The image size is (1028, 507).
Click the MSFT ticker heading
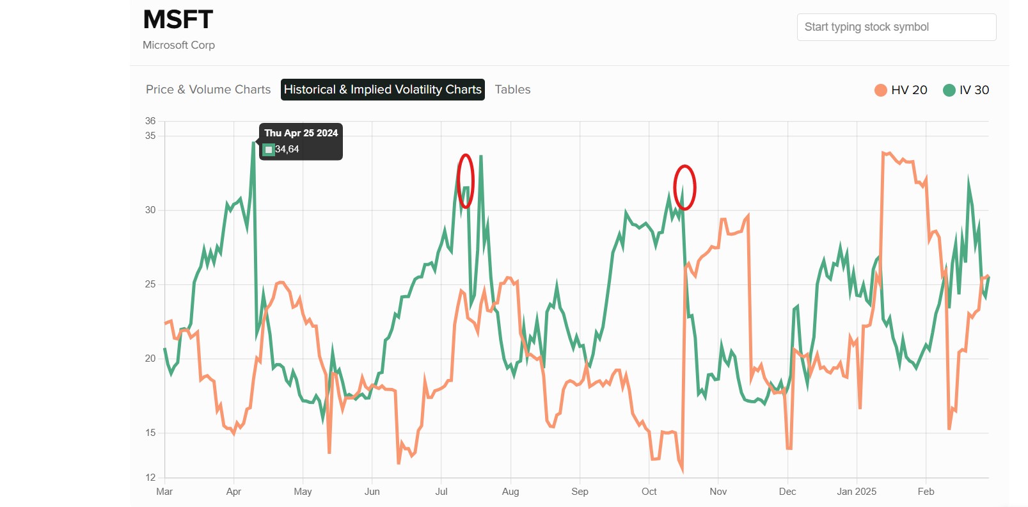tap(178, 20)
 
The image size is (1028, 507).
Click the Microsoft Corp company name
tap(178, 45)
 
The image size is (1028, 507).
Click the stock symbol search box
tap(896, 27)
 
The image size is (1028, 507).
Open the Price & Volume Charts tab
tap(208, 90)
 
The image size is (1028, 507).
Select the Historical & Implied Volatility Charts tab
tap(383, 90)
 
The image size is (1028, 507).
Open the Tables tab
tap(512, 90)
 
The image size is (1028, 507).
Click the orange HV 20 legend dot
tap(881, 90)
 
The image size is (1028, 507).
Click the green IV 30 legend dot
tap(949, 90)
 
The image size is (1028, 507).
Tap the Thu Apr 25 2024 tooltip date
tap(301, 133)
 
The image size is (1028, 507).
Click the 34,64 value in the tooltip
tap(287, 149)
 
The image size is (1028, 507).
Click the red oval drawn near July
tap(466, 181)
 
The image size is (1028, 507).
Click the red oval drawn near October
tap(684, 188)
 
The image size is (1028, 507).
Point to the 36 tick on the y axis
tap(150, 121)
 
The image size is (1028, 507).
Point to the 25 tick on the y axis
tap(150, 284)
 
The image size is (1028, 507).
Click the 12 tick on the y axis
tap(150, 478)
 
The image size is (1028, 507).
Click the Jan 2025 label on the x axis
tap(857, 492)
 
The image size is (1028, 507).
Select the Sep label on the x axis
tap(580, 492)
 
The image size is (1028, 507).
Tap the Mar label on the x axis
tap(164, 492)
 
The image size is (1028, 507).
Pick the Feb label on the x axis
tap(926, 492)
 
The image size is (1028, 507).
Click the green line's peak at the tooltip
tap(253, 143)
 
